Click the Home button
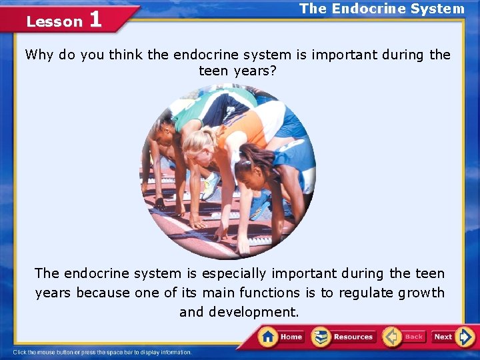click(282, 337)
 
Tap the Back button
click(404, 337)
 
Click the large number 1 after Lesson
click(95, 19)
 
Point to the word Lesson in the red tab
click(54, 21)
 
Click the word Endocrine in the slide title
click(364, 9)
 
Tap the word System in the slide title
click(439, 9)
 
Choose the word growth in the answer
click(421, 293)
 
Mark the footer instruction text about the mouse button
click(103, 352)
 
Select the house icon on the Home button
click(269, 336)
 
